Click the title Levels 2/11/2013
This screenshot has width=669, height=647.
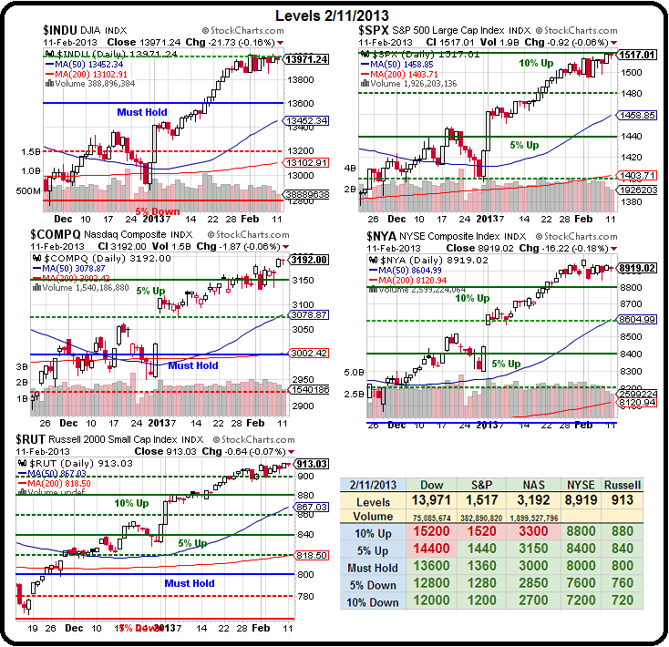pyautogui.click(x=334, y=15)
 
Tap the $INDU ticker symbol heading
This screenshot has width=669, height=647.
pyautogui.click(x=61, y=31)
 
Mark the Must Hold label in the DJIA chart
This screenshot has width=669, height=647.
pyautogui.click(x=142, y=112)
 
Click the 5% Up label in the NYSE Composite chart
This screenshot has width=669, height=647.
pyautogui.click(x=506, y=364)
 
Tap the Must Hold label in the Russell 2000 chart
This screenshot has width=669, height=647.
pyautogui.click(x=190, y=582)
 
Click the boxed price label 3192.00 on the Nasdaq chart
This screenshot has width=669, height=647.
pyautogui.click(x=310, y=260)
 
